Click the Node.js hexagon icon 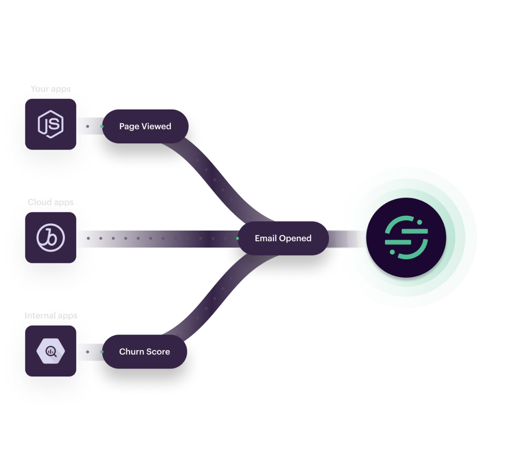(x=51, y=124)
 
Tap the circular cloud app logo (x=51, y=238)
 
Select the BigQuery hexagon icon (x=51, y=351)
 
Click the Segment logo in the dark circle (x=406, y=238)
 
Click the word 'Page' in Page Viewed (x=129, y=126)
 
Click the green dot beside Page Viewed (x=102, y=126)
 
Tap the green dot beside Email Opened (x=238, y=238)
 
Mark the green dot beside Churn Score (x=102, y=352)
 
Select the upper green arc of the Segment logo (x=401, y=222)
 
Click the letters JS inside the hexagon (x=51, y=123)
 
